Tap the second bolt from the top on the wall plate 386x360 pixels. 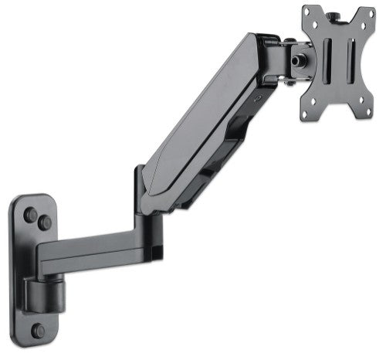[x=46, y=223]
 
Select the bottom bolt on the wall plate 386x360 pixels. [x=38, y=330]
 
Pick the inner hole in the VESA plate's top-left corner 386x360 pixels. [x=316, y=28]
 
